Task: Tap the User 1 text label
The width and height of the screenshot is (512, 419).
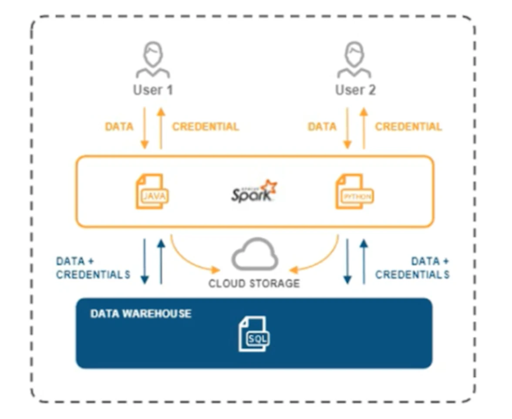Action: point(153,90)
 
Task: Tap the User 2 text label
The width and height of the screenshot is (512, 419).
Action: point(355,90)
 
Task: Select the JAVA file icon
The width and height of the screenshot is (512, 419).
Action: point(152,191)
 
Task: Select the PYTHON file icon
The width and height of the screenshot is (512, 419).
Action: point(354,191)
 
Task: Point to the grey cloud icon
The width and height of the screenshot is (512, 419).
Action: point(255,254)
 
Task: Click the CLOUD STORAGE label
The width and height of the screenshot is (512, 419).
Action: point(254,283)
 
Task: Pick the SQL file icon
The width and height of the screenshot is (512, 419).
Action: point(254,334)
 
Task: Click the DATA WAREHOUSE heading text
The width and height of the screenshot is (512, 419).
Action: point(141,314)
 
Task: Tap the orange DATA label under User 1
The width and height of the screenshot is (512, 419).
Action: point(119,127)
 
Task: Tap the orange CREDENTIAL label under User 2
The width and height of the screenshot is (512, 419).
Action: point(408,127)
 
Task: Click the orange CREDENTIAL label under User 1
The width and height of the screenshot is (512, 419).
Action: point(205,127)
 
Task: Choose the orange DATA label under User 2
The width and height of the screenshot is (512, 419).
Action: point(322,127)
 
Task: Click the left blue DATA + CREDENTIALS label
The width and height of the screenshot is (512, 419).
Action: point(93,268)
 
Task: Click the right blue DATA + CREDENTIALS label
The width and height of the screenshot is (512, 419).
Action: point(412,268)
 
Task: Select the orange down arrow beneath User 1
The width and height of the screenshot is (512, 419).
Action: point(145,128)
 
